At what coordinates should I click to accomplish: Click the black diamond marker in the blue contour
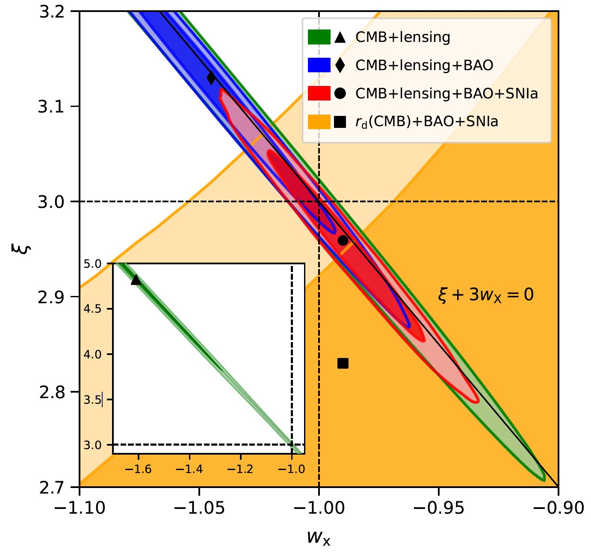(x=211, y=78)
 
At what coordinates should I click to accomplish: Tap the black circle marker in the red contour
(x=343, y=240)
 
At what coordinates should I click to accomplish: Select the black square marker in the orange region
(x=343, y=364)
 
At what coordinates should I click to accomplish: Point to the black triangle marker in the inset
(x=136, y=280)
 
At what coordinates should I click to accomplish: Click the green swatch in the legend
(x=319, y=37)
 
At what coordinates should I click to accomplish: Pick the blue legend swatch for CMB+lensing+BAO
(x=319, y=65)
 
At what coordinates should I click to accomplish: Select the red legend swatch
(x=319, y=94)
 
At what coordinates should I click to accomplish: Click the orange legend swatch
(x=319, y=122)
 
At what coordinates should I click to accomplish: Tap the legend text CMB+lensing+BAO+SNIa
(x=446, y=94)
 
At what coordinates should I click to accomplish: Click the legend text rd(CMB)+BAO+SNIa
(x=427, y=122)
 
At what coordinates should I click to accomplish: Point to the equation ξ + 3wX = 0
(x=486, y=295)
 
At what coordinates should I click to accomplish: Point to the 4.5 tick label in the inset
(x=92, y=309)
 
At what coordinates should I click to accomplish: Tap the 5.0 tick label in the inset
(x=92, y=264)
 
